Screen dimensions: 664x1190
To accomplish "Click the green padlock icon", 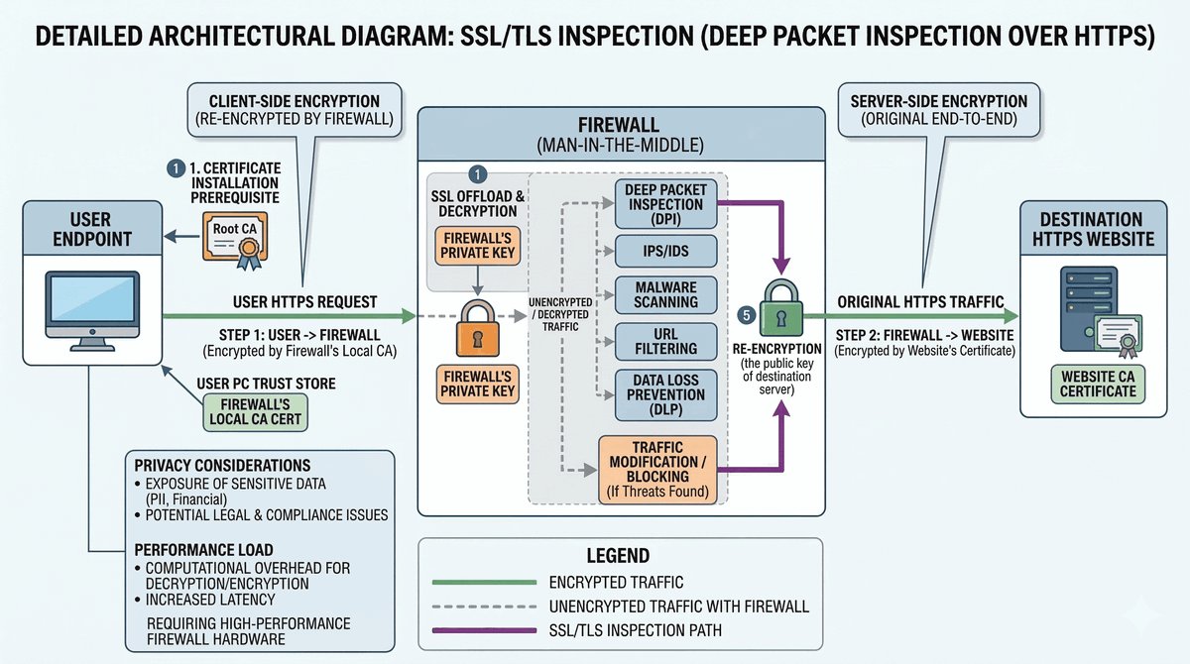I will pos(780,308).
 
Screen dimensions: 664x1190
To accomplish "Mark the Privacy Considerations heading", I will pos(222,466).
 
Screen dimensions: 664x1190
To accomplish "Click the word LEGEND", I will pos(620,556).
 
